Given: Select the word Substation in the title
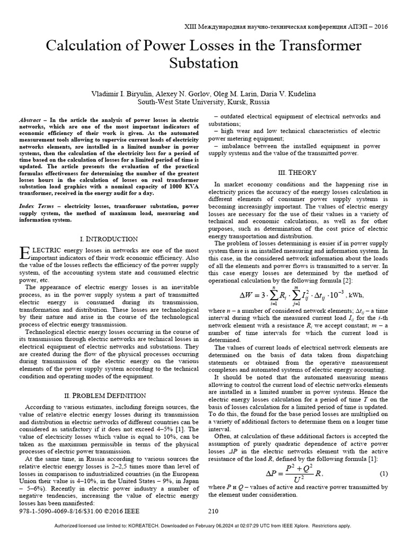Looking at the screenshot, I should click(203, 64).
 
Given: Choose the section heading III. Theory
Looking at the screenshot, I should click(297, 173).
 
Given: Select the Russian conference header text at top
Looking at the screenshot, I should click(285, 26).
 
